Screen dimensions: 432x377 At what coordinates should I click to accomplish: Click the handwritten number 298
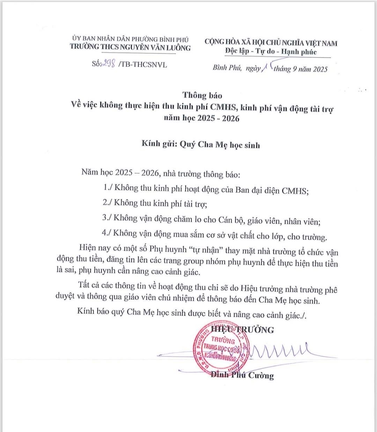click(108, 64)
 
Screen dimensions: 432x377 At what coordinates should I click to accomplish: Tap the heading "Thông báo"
click(202, 95)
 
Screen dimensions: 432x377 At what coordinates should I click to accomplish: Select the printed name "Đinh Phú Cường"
click(242, 375)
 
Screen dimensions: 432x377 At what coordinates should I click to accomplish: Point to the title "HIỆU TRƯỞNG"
click(243, 329)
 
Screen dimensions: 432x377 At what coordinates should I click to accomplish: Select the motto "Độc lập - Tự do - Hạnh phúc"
click(271, 52)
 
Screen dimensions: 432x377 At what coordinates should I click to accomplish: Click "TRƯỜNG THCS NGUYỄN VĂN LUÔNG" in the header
click(130, 47)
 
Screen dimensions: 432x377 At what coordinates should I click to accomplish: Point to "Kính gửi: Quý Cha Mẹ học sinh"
click(201, 144)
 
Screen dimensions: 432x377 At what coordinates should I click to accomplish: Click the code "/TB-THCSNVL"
click(143, 65)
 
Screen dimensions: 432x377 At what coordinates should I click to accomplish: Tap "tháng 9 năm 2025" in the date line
click(301, 69)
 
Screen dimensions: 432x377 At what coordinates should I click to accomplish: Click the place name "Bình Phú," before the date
click(227, 68)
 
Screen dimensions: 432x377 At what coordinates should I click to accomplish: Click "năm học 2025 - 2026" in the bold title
click(202, 118)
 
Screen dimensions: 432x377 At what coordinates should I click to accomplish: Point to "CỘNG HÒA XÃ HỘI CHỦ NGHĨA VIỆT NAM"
click(271, 43)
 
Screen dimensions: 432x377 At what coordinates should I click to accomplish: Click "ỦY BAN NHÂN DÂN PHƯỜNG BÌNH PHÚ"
click(130, 39)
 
